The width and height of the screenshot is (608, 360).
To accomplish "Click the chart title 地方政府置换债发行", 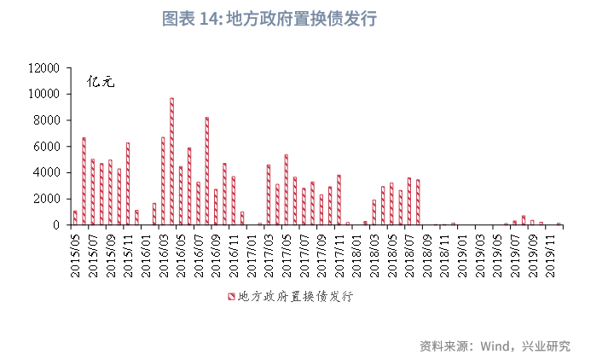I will point(269,19).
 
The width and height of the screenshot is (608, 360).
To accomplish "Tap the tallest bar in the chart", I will point(171,161).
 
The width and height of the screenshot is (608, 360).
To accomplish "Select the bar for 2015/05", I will point(75,218).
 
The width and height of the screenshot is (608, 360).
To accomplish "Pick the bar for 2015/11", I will point(128,183).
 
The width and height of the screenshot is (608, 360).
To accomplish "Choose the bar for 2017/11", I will point(339,200).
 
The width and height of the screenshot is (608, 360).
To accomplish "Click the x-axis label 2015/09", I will point(110,253).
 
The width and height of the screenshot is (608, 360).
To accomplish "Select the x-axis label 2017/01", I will point(251,253).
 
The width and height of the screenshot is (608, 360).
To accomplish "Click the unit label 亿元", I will point(101,82).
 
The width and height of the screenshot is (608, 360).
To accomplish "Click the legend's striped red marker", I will point(230,296).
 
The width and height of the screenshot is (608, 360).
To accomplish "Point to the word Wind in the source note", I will point(495,346).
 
